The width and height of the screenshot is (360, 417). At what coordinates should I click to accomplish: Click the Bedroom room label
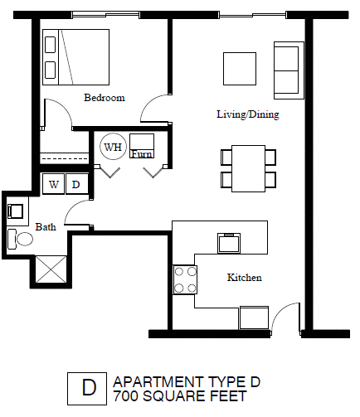[x=105, y=98]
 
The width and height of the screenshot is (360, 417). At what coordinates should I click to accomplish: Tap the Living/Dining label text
[x=247, y=115]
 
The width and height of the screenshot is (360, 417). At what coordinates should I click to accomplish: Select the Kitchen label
[x=244, y=278]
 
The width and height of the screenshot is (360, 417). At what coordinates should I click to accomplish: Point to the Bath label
[x=45, y=226]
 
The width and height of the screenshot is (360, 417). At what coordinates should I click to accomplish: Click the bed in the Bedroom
[x=75, y=56]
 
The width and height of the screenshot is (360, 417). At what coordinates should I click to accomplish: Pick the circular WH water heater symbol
[x=112, y=148]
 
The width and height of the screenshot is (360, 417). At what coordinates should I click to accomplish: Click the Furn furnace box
[x=142, y=147]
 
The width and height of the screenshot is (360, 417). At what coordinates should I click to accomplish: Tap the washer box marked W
[x=54, y=184]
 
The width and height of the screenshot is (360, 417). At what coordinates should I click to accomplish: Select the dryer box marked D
[x=75, y=184]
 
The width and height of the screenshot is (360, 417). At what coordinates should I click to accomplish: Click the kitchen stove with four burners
[x=185, y=279]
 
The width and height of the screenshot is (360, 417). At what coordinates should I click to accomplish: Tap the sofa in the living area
[x=286, y=70]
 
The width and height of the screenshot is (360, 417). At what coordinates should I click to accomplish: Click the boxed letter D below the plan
[x=87, y=388]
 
